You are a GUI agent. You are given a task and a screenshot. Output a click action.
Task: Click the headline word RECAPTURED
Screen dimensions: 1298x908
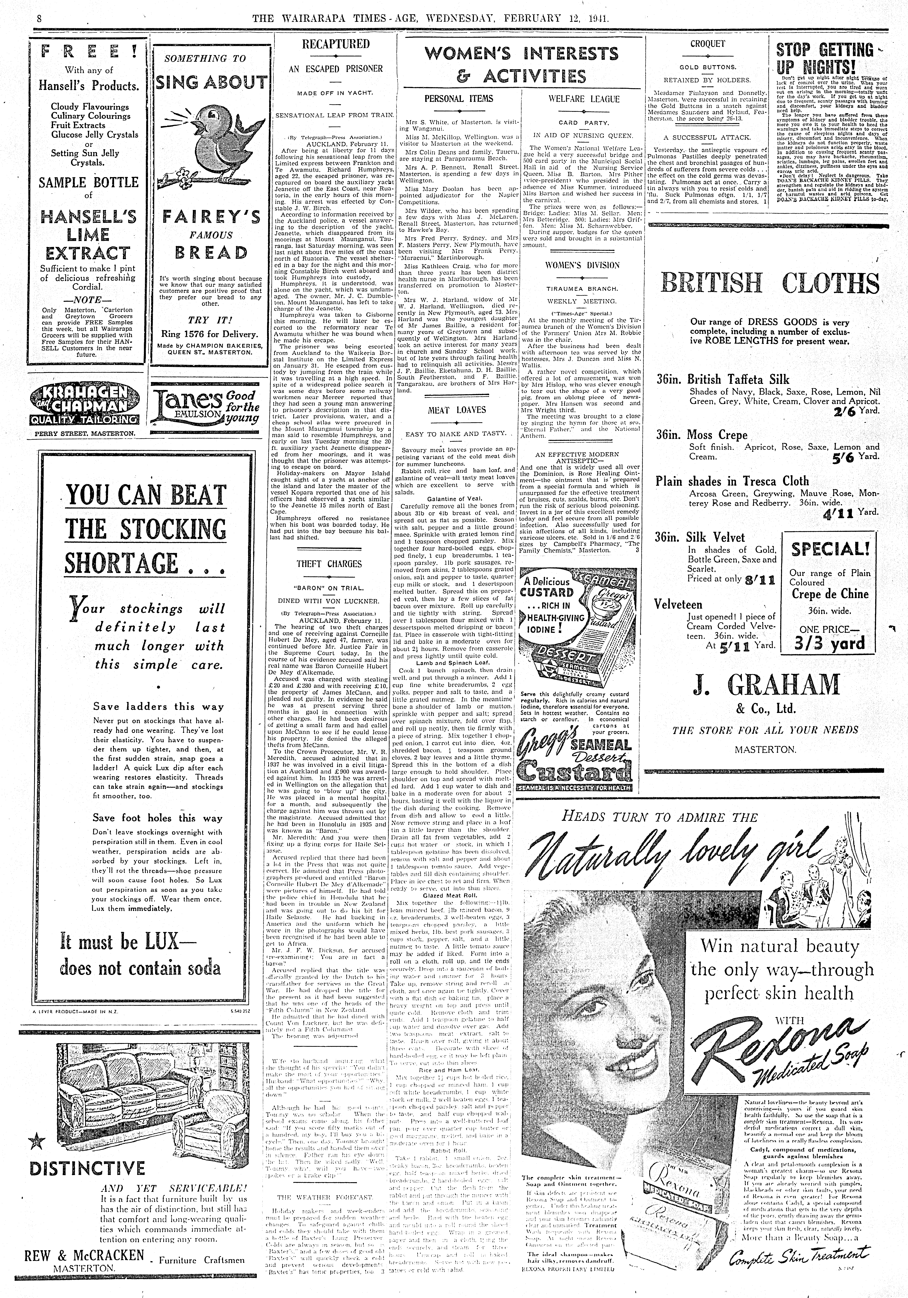336,44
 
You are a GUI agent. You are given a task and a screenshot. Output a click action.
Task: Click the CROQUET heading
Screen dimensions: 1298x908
707,44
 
